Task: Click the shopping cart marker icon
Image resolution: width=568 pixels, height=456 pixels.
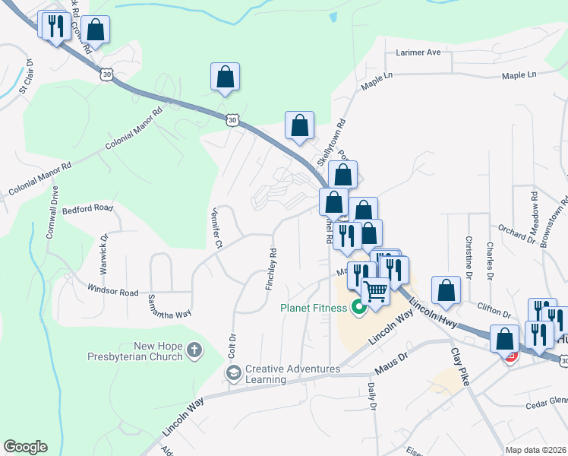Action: click(x=374, y=291)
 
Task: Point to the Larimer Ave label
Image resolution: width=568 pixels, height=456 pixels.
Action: click(x=418, y=53)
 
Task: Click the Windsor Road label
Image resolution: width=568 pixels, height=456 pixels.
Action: click(x=112, y=291)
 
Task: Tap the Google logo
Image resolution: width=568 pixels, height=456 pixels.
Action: click(x=25, y=447)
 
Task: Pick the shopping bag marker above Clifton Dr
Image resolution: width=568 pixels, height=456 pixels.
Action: click(x=447, y=290)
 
